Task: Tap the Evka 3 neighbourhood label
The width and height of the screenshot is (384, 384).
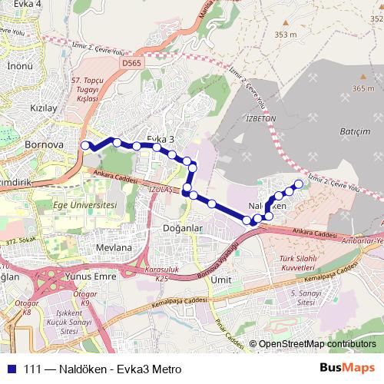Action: (x=160, y=138)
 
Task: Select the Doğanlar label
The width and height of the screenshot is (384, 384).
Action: (x=182, y=228)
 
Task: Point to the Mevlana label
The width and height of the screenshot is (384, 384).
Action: (x=114, y=248)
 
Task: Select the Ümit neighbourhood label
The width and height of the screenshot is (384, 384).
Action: (x=222, y=280)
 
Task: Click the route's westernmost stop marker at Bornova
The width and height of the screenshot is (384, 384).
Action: (x=86, y=144)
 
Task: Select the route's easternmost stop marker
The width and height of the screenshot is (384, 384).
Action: (x=299, y=184)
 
